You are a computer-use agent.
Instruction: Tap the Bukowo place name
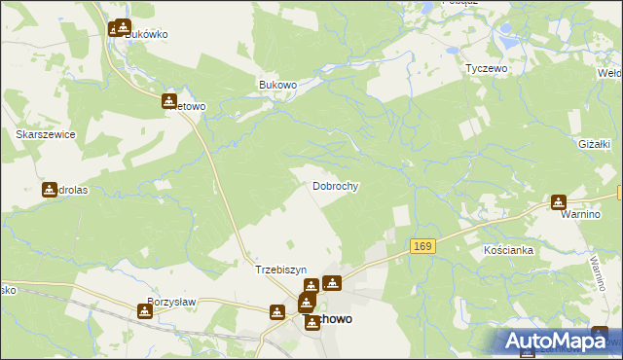277,85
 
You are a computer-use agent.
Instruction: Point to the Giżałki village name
594,143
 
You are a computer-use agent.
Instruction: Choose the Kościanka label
508,250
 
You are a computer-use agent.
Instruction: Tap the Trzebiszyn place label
280,270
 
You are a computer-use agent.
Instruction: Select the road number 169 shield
421,247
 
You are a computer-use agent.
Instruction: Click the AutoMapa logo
555,341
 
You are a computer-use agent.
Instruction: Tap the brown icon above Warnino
558,202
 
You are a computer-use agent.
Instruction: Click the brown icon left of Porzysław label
145,310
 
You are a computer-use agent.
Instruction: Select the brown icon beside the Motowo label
169,100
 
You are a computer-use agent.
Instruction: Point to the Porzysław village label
171,302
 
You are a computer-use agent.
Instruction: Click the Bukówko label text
147,34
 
